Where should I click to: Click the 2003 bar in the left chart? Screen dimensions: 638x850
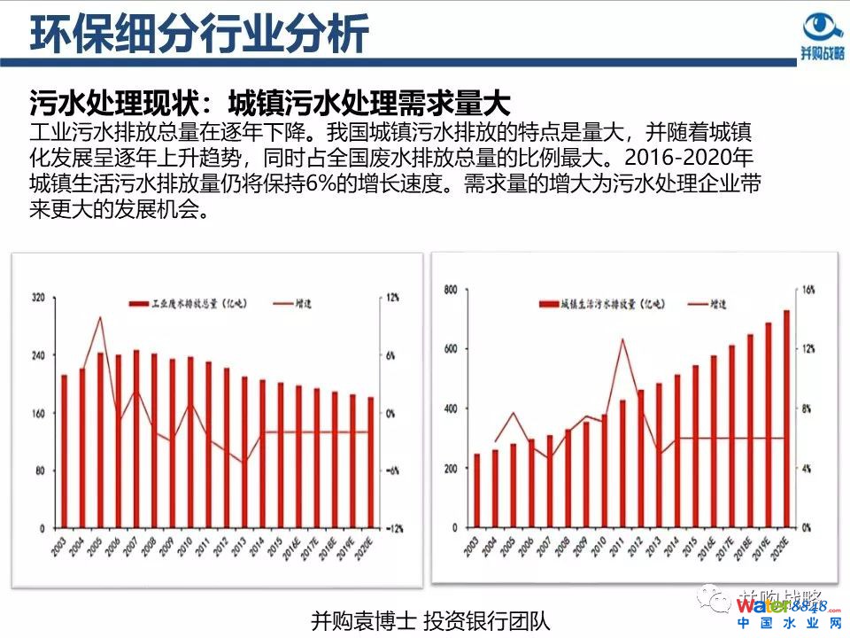64,452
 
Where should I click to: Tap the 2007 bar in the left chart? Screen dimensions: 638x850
136,439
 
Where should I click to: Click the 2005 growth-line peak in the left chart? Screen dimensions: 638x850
99,317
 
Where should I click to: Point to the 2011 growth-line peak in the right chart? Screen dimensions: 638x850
622,338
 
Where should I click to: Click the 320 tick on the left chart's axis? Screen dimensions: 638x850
38,298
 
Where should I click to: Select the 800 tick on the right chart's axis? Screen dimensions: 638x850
451,290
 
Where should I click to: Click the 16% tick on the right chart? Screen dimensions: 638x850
807,290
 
